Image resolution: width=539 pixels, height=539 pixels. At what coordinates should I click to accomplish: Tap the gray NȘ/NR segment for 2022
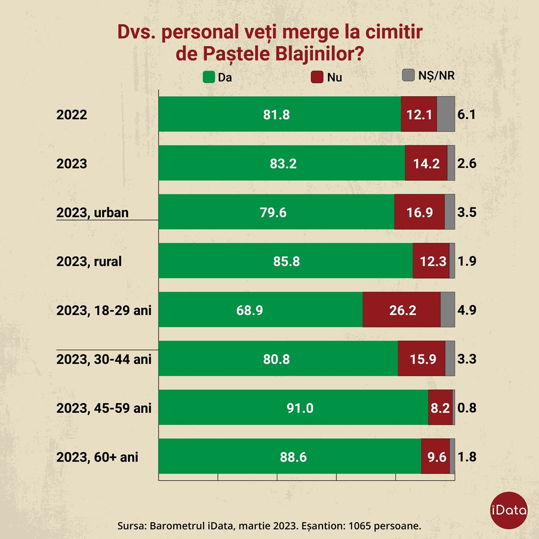tap(446, 114)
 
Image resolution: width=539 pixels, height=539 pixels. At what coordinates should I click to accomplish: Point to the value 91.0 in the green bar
tap(300, 408)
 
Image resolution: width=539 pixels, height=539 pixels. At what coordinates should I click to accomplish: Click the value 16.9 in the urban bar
tap(419, 212)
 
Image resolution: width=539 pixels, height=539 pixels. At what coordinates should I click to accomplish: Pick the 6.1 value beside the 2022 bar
tap(467, 114)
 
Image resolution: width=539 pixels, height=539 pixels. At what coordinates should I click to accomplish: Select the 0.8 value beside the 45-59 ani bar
tap(467, 408)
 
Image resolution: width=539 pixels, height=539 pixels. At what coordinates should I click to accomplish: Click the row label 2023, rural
tap(89, 261)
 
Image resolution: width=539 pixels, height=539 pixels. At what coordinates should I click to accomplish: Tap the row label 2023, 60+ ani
tap(97, 457)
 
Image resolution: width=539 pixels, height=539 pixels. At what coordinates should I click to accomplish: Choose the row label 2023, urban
tap(92, 212)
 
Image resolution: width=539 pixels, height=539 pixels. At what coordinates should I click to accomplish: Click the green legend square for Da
tap(209, 77)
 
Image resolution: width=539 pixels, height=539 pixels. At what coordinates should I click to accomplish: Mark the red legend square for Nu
tap(317, 77)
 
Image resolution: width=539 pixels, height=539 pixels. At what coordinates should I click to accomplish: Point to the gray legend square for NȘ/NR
tap(408, 75)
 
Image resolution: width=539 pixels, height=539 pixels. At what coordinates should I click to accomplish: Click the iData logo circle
tap(509, 510)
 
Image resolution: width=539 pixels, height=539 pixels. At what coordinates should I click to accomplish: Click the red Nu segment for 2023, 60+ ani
tap(435, 457)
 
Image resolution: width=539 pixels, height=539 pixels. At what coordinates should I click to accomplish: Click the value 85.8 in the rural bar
tap(287, 261)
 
